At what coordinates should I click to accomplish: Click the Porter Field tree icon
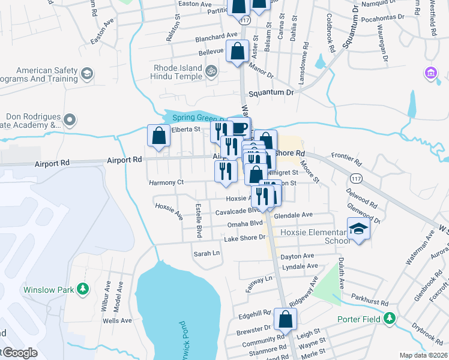pos(391,318)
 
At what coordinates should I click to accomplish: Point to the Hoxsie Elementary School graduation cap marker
pos(358,230)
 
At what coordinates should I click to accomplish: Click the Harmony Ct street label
pos(166,182)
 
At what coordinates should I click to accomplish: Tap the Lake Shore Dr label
pos(244,238)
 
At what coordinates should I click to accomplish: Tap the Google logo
pos(19,353)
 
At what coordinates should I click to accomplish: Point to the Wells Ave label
pos(117,320)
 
